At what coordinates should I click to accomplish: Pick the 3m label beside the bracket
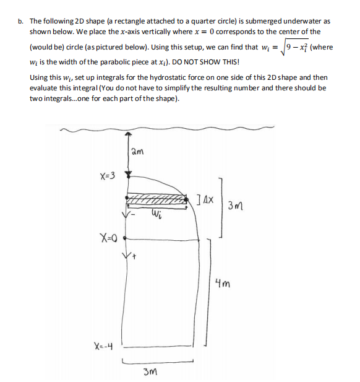236,206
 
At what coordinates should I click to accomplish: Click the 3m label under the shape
150,371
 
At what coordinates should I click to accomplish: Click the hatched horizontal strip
158,201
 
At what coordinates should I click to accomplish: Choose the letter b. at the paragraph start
21,20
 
